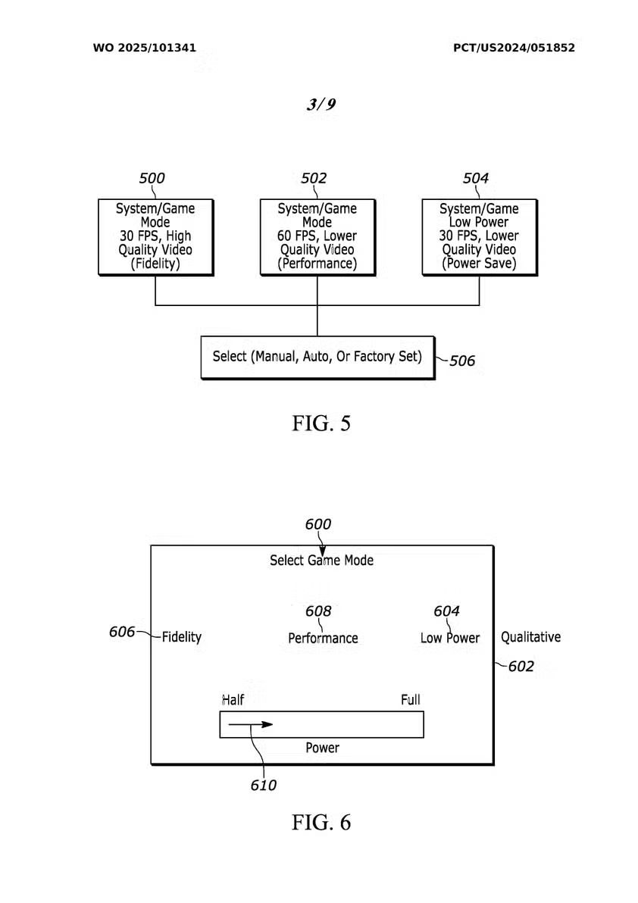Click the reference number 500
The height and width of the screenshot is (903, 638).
152,179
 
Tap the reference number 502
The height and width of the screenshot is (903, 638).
314,179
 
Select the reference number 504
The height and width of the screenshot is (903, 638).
476,179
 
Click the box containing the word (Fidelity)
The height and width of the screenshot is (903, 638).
155,236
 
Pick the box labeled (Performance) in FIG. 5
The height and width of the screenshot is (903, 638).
317,236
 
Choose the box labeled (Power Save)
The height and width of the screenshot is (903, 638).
479,236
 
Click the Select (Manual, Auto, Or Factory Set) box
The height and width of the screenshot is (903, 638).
317,357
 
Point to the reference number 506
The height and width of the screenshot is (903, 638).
462,361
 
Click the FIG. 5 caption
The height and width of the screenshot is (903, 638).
321,423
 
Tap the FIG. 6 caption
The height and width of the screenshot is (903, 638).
321,823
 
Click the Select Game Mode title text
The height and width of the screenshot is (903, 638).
321,561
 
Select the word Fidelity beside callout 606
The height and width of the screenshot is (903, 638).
182,637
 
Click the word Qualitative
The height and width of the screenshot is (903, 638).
530,637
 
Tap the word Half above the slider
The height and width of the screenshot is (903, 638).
233,699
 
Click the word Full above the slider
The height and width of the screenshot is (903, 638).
410,699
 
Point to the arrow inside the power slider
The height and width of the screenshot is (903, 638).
250,725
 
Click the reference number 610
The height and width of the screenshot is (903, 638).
264,786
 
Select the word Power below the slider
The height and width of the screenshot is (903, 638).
322,748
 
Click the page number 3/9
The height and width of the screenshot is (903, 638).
321,105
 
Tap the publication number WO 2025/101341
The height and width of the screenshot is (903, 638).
145,48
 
